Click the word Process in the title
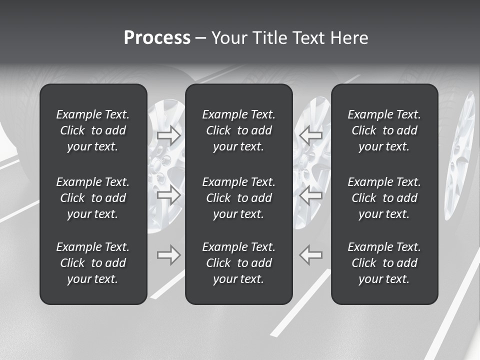coord(157,38)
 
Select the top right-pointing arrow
coord(168,135)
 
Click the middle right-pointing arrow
coord(168,195)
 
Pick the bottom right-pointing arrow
coord(168,255)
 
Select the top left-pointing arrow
coord(310,135)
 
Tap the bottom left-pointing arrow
coord(310,255)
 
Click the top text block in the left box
coord(93,130)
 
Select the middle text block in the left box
coord(93,198)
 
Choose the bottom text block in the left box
coord(93,263)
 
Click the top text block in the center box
coord(239,130)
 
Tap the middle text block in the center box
coord(239,198)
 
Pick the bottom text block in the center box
coord(239,263)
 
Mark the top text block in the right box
coord(384,130)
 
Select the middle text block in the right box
coord(384,198)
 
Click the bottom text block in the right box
coord(384,263)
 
